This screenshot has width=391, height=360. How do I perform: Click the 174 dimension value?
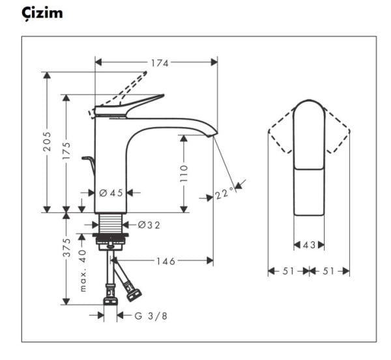[x=159, y=63]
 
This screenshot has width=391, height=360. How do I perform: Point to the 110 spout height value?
[x=183, y=173]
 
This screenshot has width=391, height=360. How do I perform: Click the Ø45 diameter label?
[x=111, y=193]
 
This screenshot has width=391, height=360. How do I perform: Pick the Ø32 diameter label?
[x=149, y=225]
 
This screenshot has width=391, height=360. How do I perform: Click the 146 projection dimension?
[x=165, y=261]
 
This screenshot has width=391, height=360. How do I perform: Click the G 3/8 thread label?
[x=151, y=316]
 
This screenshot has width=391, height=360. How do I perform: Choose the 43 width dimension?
[x=310, y=245]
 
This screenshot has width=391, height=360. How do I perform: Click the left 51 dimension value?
[x=288, y=271]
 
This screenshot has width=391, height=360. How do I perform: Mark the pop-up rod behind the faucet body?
[x=89, y=163]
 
